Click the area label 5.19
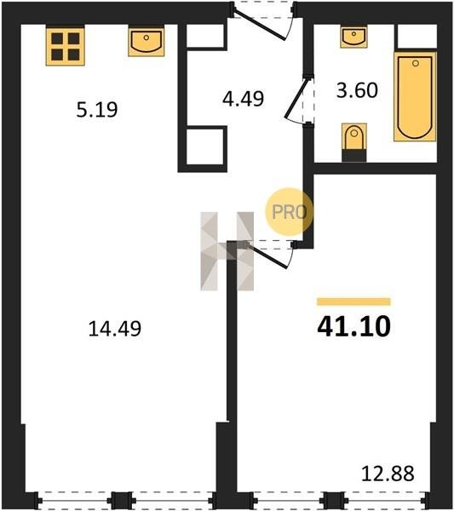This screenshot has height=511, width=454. click(97, 110)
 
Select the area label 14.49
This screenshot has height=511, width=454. click(115, 329)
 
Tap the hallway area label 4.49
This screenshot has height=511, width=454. click(243, 99)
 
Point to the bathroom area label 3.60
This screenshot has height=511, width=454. click(357, 90)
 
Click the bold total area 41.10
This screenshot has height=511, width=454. click(353, 326)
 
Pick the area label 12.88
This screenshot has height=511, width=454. click(388, 474)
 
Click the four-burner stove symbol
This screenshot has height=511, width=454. click(66, 47)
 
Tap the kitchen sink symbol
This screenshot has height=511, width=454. click(146, 42)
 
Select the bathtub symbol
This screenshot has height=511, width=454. click(415, 97)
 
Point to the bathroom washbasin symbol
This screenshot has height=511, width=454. click(353, 37)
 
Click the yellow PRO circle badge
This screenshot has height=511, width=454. click(289, 212)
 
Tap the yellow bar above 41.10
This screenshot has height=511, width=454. click(353, 301)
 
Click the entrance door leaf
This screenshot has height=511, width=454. click(260, 25)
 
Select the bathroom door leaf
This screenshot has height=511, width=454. click(296, 98)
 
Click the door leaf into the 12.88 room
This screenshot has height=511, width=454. click(268, 256)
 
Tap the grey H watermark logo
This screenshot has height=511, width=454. click(227, 251)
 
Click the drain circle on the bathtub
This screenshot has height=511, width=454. click(415, 63)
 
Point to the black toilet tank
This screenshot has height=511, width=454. click(354, 155)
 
